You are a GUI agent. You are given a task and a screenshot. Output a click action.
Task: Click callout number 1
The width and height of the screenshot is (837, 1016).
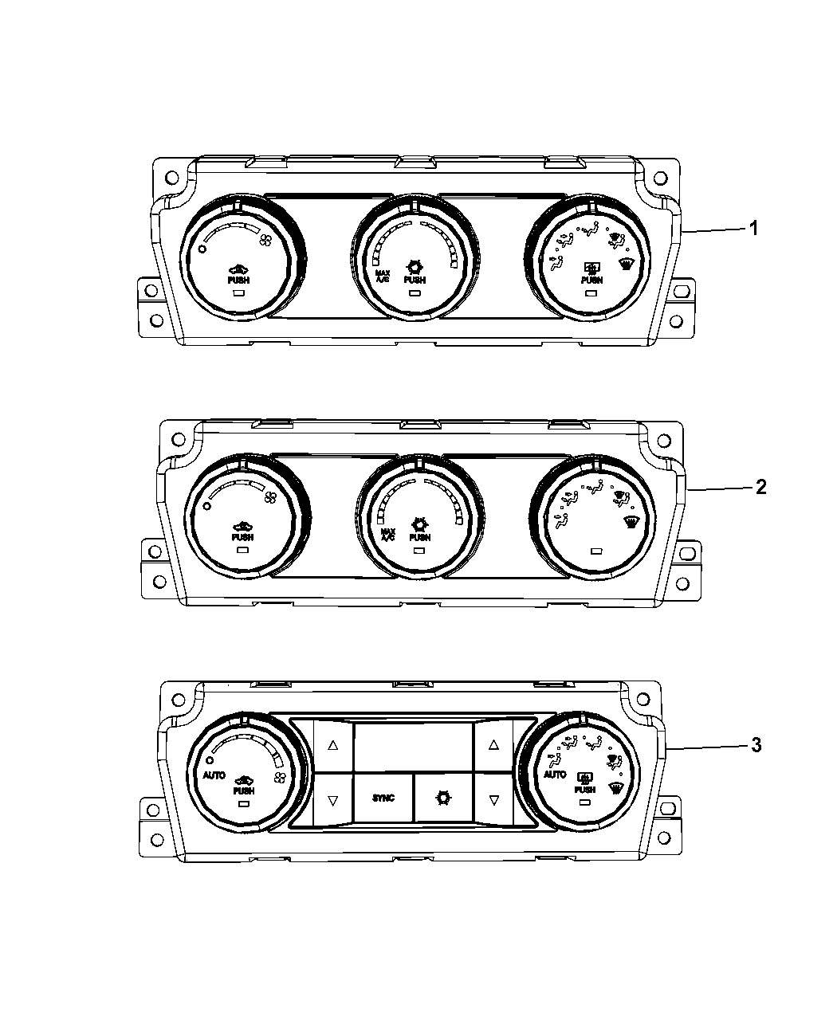(752, 228)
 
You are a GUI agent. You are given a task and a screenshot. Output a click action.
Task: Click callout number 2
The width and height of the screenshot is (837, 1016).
(760, 487)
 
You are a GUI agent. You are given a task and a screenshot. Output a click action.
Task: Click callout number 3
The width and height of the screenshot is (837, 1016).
(755, 745)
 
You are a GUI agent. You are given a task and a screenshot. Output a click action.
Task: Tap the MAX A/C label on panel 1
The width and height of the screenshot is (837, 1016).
(383, 277)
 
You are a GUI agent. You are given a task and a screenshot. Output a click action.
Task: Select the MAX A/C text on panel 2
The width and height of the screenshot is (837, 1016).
(388, 535)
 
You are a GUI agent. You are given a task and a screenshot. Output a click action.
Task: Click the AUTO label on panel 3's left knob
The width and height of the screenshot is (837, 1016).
(214, 775)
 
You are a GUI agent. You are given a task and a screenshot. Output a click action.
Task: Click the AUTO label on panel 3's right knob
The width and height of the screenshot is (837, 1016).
(555, 775)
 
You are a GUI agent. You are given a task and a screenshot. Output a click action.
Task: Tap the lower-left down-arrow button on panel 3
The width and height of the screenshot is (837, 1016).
(333, 799)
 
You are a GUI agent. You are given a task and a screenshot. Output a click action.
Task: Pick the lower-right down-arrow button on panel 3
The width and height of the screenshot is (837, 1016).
(493, 799)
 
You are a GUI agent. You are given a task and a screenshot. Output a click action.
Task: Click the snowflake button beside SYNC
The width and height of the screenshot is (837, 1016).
(443, 798)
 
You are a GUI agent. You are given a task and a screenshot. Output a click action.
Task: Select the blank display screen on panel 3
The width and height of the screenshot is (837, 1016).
(413, 747)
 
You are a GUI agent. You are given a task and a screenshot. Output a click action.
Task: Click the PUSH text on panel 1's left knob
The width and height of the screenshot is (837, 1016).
(238, 280)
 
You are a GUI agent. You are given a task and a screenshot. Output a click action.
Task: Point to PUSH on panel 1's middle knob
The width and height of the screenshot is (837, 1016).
(415, 280)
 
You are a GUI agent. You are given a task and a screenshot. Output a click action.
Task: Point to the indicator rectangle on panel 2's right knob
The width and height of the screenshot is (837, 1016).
(597, 551)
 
